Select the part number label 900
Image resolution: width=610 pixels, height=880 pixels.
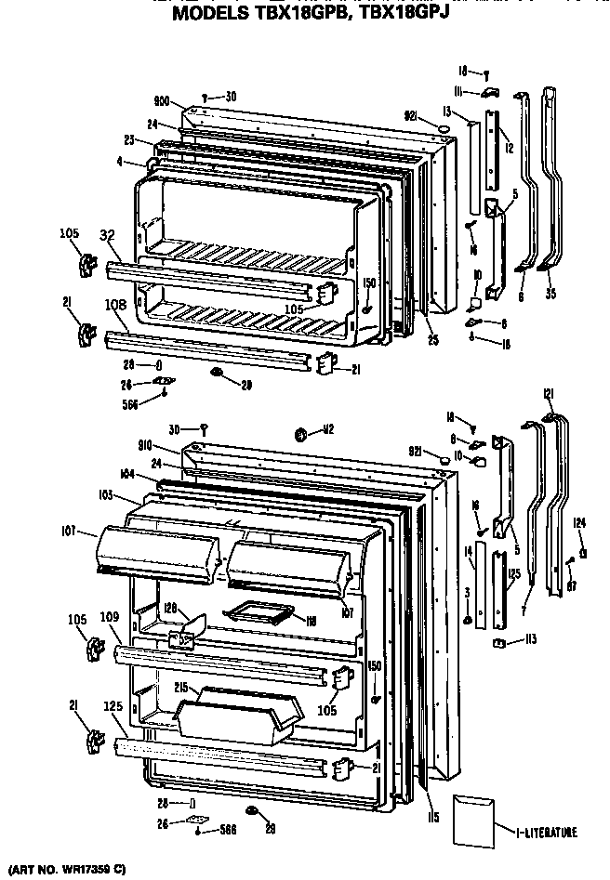tap(162, 103)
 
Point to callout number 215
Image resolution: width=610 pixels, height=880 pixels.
tap(180, 688)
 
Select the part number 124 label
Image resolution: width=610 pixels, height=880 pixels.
tap(578, 521)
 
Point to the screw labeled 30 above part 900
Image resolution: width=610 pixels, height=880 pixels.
tap(206, 96)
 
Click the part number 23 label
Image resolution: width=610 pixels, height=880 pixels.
tap(129, 141)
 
